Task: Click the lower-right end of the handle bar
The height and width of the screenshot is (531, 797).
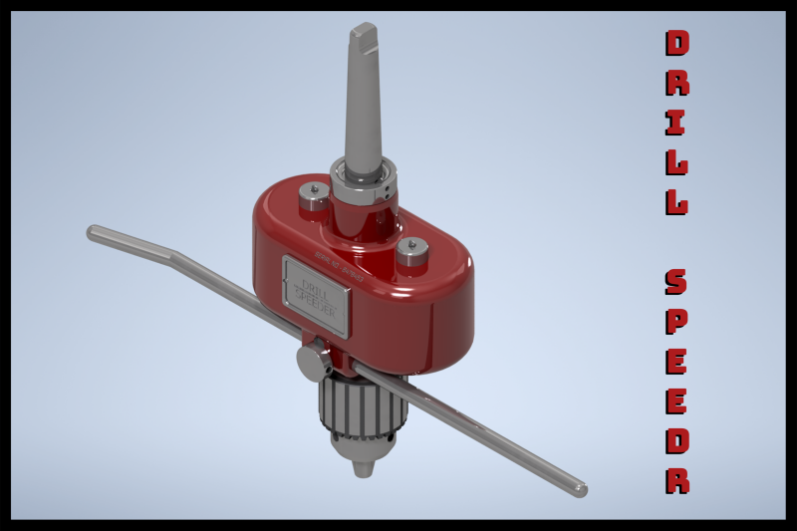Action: click(x=580, y=490)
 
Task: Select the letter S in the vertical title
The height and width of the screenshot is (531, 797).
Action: click(x=676, y=282)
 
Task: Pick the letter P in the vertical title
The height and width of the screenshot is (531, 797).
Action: click(x=676, y=321)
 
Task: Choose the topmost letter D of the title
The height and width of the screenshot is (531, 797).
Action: click(x=676, y=43)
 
